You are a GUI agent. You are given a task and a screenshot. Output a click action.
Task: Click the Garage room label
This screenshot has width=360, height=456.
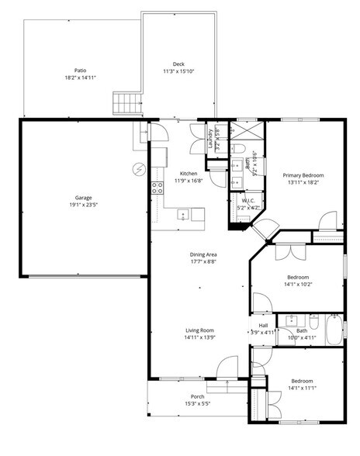tap(83, 198)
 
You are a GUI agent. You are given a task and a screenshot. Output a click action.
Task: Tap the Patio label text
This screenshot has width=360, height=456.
tap(80, 70)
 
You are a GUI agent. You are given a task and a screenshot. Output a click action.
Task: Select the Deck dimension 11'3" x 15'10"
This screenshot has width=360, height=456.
tap(178, 71)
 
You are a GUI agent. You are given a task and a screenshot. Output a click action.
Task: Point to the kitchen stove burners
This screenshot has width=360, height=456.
tap(157, 186)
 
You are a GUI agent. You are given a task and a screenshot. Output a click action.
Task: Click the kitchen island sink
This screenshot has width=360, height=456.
tap(184, 214)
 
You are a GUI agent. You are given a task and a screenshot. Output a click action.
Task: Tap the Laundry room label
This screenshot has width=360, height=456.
tap(211, 138)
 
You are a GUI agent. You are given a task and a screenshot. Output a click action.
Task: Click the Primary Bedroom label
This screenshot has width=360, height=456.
tap(303, 175)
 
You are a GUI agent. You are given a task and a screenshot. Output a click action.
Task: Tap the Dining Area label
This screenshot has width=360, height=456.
tap(203, 254)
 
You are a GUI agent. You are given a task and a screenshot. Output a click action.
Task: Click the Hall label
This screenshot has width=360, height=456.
tap(262, 325)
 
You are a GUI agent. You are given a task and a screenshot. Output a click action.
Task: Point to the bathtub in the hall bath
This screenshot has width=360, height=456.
tap(334, 330)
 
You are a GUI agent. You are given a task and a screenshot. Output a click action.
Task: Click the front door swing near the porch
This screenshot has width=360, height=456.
tap(228, 368)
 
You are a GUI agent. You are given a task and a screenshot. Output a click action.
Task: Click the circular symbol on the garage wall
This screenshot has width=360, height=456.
tap(139, 168)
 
